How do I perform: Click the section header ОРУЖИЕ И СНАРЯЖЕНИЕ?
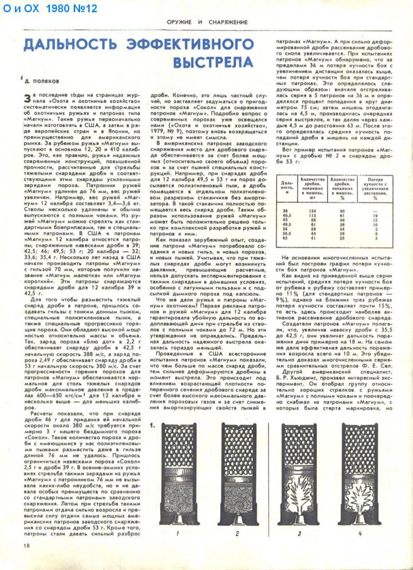(x=207, y=22)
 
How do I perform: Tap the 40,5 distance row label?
(x=286, y=215)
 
